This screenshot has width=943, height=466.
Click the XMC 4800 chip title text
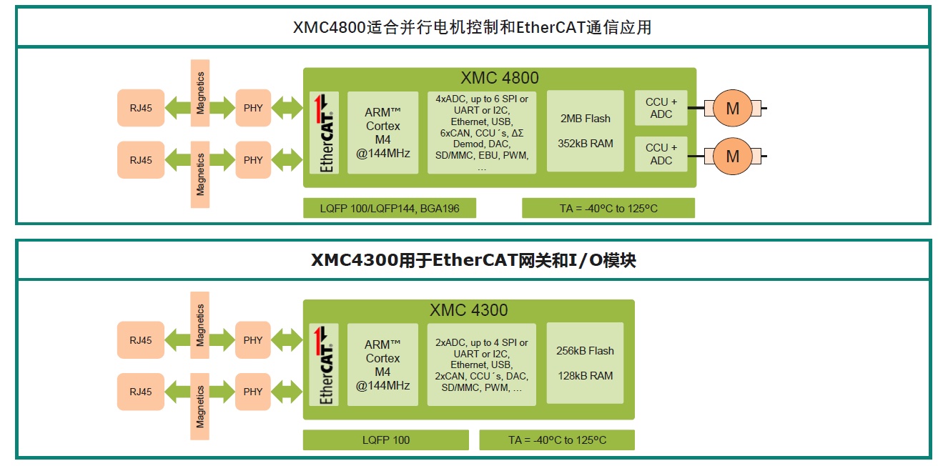[500, 78]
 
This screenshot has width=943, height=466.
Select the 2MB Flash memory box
[585, 131]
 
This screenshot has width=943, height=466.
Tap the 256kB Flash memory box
[585, 363]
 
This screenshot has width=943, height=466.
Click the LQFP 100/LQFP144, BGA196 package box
[390, 209]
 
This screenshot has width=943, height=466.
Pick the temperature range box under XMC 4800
[608, 209]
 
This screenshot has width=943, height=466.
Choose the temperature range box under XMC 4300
[557, 440]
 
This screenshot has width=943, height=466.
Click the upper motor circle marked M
[733, 109]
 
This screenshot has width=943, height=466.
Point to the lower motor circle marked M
[733, 155]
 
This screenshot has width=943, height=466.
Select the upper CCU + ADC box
[661, 108]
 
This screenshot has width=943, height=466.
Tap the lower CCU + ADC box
[661, 154]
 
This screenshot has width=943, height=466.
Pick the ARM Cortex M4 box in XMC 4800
[382, 132]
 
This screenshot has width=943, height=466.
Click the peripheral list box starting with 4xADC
[482, 132]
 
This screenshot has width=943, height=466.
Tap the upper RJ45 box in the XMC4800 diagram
[141, 109]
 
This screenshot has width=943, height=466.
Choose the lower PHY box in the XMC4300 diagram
[253, 392]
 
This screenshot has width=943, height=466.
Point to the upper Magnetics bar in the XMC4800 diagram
[200, 93]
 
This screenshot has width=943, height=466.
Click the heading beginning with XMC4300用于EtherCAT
[473, 261]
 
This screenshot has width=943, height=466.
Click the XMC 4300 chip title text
[469, 310]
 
